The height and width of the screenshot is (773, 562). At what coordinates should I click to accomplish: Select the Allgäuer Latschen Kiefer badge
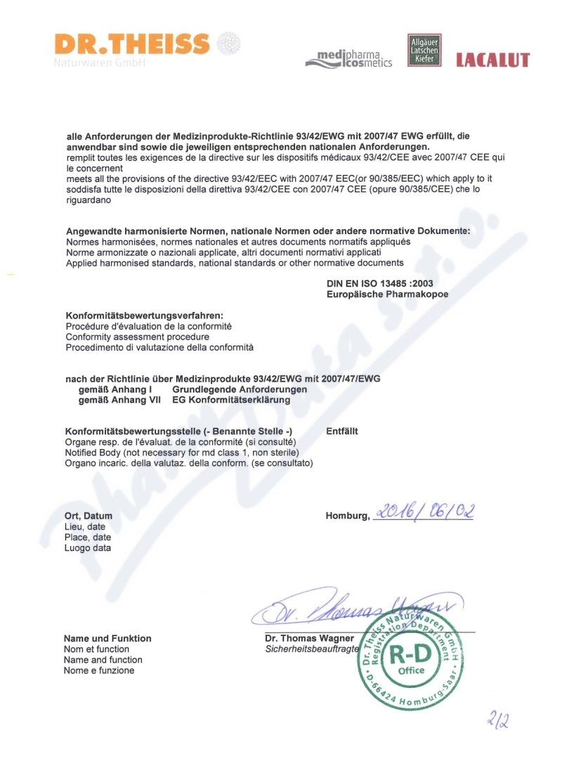coord(425,51)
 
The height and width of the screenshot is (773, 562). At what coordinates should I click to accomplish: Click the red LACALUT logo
coord(492,60)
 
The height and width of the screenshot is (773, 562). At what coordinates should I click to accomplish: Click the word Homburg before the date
coord(347,517)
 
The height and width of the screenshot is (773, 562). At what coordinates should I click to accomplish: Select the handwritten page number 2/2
coord(497,720)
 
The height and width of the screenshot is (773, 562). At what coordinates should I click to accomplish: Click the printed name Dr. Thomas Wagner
coord(310,639)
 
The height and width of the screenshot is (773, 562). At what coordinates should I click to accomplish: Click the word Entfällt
coord(342,431)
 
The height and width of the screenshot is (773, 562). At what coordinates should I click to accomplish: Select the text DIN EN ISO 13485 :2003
coord(374,283)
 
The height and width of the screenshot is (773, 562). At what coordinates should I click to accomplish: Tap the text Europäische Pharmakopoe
coord(387,294)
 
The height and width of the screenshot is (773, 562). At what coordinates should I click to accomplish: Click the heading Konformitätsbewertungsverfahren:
coord(145,316)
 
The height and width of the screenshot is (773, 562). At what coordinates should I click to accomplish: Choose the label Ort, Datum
coord(89,516)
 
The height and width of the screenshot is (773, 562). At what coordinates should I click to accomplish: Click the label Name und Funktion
coord(107,639)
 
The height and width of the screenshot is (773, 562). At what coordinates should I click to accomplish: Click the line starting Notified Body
coord(182,453)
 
